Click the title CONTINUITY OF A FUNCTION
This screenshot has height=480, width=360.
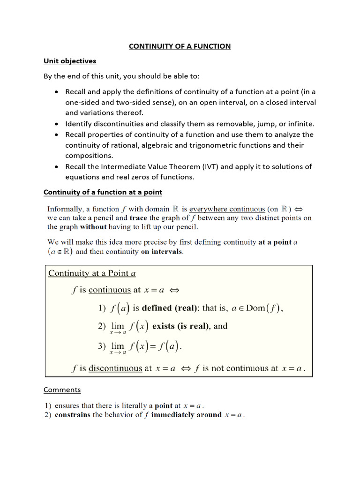pyautogui.click(x=180, y=46)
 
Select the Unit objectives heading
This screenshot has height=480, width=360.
pyautogui.click(x=70, y=61)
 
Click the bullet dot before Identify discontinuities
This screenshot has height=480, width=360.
pyautogui.click(x=57, y=124)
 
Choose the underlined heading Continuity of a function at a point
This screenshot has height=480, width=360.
pyautogui.click(x=103, y=192)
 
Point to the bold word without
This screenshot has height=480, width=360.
pyautogui.click(x=93, y=227)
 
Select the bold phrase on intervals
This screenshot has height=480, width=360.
pyautogui.click(x=162, y=252)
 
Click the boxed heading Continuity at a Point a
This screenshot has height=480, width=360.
pyautogui.click(x=92, y=273)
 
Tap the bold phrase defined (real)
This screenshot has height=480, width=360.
pyautogui.click(x=170, y=308)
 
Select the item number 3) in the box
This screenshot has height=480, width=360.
pyautogui.click(x=102, y=347)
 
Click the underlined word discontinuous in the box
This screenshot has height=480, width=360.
pyautogui.click(x=115, y=368)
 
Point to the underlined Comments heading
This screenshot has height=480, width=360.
pyautogui.click(x=62, y=390)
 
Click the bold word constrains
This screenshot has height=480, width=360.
pyautogui.click(x=73, y=415)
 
